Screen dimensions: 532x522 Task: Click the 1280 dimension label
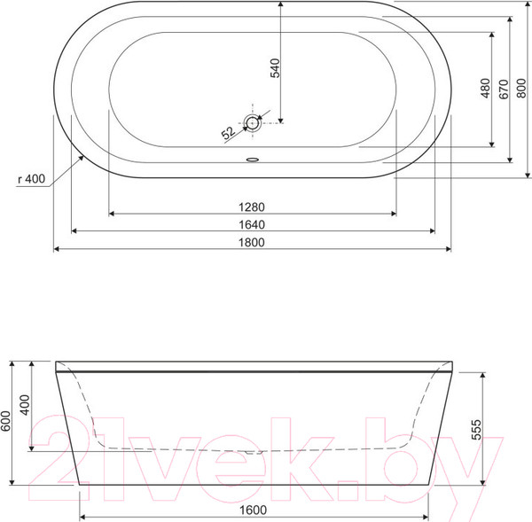pos(252,206)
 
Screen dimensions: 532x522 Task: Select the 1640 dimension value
pos(252,224)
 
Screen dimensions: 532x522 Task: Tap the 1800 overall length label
pos(252,243)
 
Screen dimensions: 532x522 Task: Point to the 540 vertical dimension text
pos(275,68)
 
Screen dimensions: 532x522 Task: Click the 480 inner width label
pos(486,89)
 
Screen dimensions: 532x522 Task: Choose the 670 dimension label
pos(504,90)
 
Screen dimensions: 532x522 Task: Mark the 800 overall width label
pos(521,89)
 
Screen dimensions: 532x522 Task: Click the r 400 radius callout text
pos(32,178)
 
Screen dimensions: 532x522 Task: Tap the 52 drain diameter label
pos(229,133)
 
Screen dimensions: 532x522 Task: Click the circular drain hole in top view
pos(252,122)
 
